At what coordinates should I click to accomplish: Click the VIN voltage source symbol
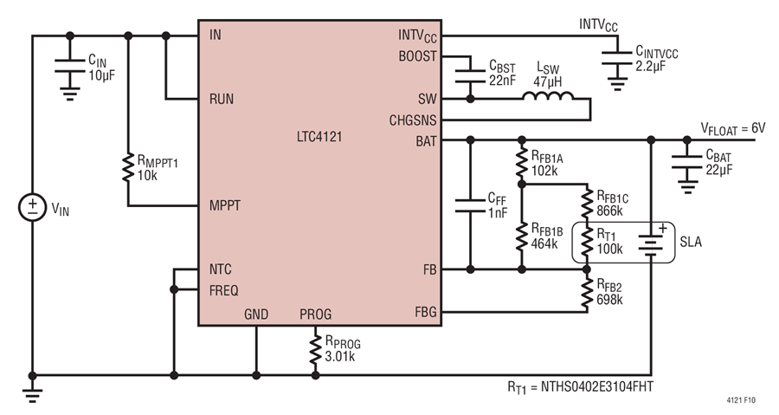[x=32, y=207]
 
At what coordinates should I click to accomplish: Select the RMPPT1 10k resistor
[x=128, y=167]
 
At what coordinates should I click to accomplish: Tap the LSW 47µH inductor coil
[x=548, y=95]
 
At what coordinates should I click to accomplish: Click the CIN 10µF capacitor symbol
[x=70, y=66]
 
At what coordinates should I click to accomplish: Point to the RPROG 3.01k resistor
[x=315, y=349]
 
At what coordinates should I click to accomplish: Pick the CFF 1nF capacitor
[x=471, y=205]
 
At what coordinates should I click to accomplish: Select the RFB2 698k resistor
[x=587, y=293]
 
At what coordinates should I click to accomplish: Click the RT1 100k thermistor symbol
[x=587, y=242]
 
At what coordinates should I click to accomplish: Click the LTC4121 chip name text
[x=319, y=137]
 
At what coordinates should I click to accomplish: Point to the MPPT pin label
[x=224, y=205]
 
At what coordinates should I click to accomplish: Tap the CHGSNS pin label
[x=413, y=120]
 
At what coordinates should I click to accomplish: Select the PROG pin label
[x=315, y=314]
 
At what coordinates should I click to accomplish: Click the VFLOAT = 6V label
[x=733, y=129]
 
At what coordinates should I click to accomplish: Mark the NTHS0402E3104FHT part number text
[x=597, y=386]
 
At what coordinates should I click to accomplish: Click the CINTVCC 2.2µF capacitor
[x=617, y=58]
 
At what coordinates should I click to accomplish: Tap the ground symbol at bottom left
[x=32, y=394]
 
